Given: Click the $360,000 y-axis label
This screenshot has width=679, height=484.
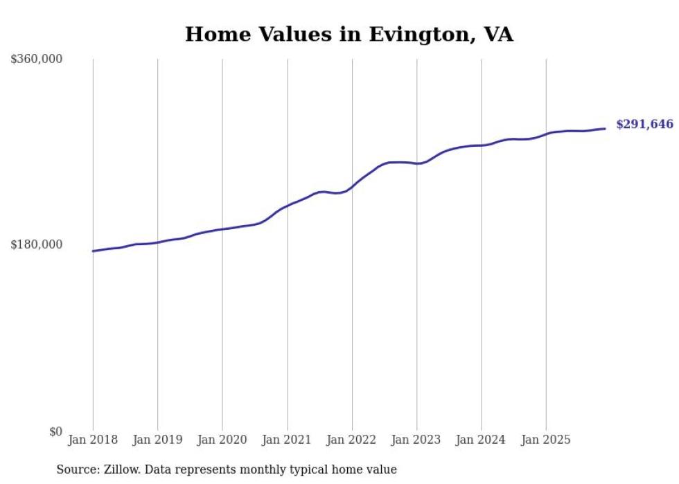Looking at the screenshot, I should tap(37, 60).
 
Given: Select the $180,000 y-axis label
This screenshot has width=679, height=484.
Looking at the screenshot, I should tap(37, 244).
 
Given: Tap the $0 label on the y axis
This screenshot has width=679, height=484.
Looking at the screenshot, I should tap(55, 431).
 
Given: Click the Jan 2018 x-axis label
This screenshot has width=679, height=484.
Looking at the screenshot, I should tap(93, 440).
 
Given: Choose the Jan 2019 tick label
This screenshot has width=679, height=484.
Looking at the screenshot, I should tap(157, 440).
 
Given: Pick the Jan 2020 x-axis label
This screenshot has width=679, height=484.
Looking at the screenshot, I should tap(222, 440).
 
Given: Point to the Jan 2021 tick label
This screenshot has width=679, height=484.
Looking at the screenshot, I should tap(287, 440).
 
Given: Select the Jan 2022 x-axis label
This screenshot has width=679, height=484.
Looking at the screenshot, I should tap(352, 440).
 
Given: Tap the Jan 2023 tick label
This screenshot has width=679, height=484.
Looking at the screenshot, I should tap(416, 440).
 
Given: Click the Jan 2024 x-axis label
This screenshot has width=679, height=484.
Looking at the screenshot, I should tap(482, 440).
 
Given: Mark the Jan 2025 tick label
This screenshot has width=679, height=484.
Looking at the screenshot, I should tap(546, 440).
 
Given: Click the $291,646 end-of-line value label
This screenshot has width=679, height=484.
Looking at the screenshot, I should tap(644, 125).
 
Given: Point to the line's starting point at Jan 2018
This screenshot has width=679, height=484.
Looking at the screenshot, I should tap(93, 251).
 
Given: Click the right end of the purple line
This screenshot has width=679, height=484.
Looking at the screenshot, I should tap(606, 129).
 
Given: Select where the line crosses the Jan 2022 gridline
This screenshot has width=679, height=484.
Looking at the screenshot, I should tap(352, 186).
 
